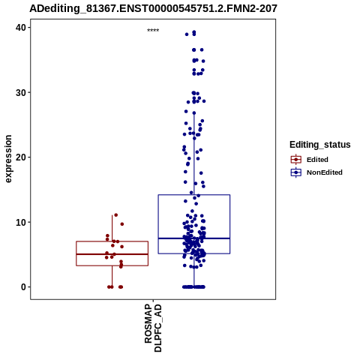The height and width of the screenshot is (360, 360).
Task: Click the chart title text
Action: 153,8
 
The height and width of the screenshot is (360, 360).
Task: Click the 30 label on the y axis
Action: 21,92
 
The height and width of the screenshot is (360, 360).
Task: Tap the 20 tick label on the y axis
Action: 21,157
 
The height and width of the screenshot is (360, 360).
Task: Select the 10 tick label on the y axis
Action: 21,222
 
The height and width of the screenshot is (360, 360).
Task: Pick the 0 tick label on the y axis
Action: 24,287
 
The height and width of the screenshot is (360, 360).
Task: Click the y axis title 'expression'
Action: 8,159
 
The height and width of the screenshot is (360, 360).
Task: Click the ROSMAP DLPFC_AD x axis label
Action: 153,328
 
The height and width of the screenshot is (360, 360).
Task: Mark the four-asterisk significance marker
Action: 153,31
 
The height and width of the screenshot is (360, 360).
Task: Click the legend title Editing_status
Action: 319,145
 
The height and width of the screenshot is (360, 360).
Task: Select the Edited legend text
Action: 317,160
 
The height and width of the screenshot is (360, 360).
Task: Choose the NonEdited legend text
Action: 325,172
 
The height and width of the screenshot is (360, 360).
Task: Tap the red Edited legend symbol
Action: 296,160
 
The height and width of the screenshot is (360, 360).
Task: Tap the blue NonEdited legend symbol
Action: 296,172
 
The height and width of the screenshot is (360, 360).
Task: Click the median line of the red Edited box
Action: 112,254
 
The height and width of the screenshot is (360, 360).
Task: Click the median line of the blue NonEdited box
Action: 194,238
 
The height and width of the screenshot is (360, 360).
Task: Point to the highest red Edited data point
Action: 115,215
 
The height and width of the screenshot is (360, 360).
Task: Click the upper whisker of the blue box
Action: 194,154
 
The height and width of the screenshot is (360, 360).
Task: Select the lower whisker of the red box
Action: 112,276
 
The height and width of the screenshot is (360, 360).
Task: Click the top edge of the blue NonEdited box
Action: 194,195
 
